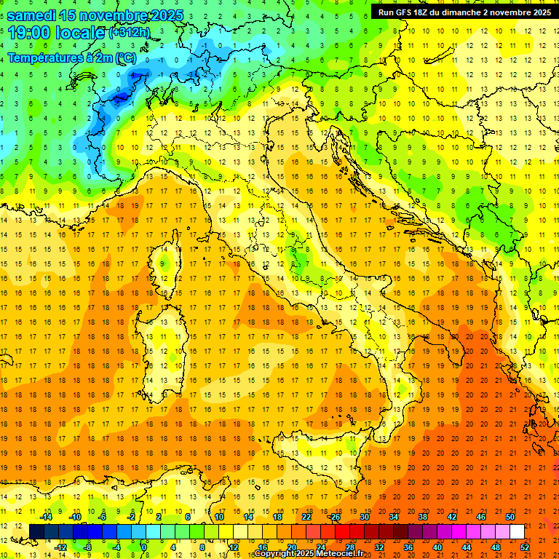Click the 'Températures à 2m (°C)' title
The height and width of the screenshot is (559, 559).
tap(71, 58)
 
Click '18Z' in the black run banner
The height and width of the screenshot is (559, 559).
tap(424, 12)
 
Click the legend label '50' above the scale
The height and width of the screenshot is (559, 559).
tap(510, 517)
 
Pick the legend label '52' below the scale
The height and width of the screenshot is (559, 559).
tap(525, 547)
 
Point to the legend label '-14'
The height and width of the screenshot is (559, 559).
tap(44, 517)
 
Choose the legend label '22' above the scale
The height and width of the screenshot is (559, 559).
tap(306, 517)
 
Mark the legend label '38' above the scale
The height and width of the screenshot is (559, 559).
tap(422, 517)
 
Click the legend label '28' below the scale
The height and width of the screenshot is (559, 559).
tap(349, 547)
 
